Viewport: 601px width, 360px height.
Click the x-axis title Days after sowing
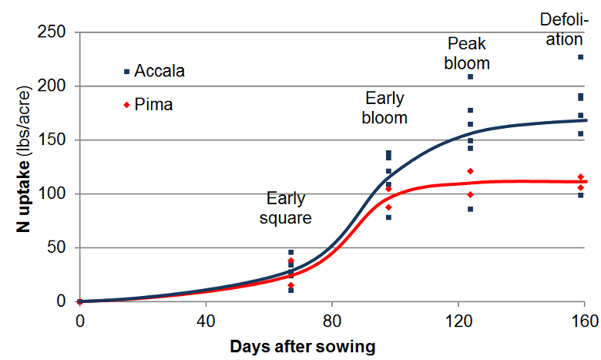[302, 346]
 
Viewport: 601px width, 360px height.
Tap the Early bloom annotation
[385, 108]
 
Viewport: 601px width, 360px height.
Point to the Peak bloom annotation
[467, 53]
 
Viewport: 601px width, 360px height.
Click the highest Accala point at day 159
[581, 57]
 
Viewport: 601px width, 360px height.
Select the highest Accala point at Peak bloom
[470, 76]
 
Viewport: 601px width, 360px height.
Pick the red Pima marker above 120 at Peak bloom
[470, 170]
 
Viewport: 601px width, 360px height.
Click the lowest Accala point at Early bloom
[388, 217]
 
